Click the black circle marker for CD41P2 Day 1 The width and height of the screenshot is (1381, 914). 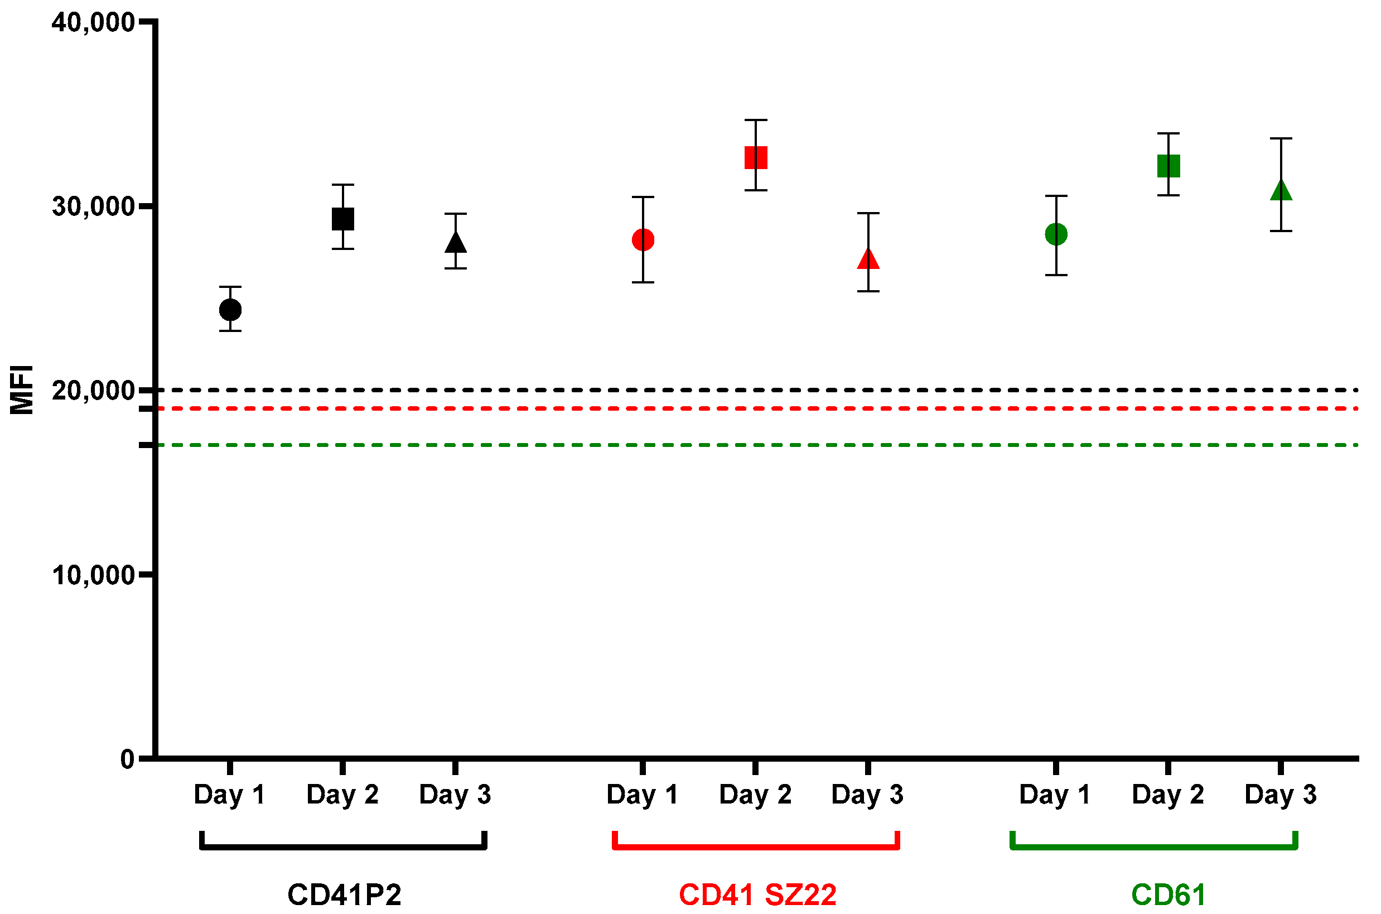[x=230, y=310]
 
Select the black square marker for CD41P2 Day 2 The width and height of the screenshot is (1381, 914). [x=342, y=219]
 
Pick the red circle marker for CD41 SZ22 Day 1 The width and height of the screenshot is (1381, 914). [x=643, y=239]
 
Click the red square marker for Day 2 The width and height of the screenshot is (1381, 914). [x=756, y=157]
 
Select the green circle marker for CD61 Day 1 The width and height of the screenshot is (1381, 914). [x=1056, y=234]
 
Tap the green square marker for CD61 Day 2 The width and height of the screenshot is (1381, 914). [x=1168, y=166]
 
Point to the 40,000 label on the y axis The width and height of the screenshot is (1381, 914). [x=93, y=23]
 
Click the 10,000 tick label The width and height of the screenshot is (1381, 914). [x=93, y=575]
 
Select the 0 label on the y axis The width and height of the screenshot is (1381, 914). [x=127, y=759]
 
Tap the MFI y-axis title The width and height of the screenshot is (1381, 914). [x=22, y=389]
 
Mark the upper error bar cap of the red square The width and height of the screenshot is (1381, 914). [x=756, y=120]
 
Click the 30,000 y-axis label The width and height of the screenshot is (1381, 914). [x=93, y=206]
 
